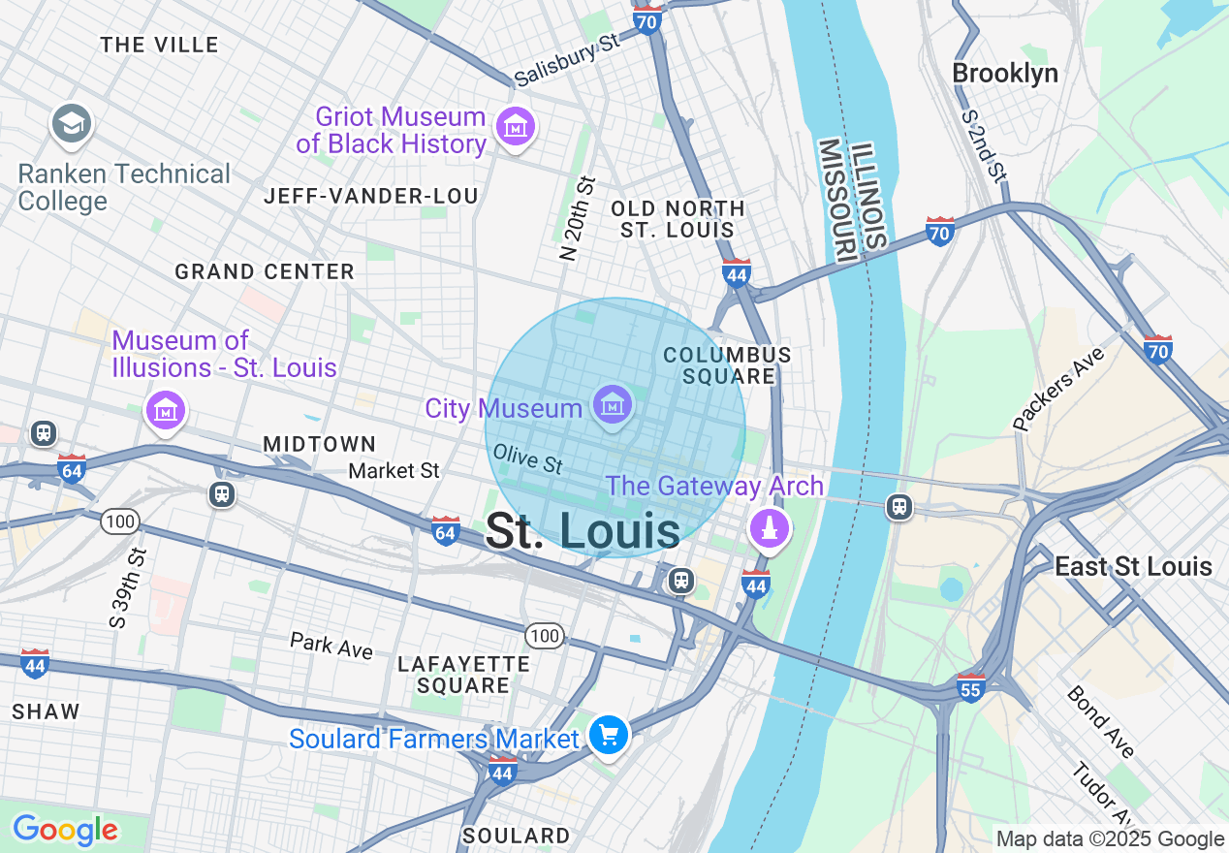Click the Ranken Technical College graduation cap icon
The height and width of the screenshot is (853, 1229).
point(72,125)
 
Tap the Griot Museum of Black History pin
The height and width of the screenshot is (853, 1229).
point(515,127)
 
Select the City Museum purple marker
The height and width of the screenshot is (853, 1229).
point(613,404)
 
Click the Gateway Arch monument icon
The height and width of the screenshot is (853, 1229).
point(770,527)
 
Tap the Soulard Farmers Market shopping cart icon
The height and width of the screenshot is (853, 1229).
point(609,736)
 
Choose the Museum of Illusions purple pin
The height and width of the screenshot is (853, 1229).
point(165,410)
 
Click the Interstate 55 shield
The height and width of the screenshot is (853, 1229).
point(970,686)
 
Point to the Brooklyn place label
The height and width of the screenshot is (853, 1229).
point(1004,74)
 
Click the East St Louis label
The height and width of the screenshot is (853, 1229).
point(1133,566)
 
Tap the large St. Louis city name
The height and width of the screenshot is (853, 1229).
point(583,532)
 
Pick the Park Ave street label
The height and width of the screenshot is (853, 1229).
point(331,646)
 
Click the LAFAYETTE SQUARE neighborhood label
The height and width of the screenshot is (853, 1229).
point(463,675)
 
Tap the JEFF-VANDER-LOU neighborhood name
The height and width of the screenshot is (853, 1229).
point(371,197)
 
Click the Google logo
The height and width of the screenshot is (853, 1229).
point(65,830)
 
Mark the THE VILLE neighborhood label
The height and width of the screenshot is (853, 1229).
point(159,45)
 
